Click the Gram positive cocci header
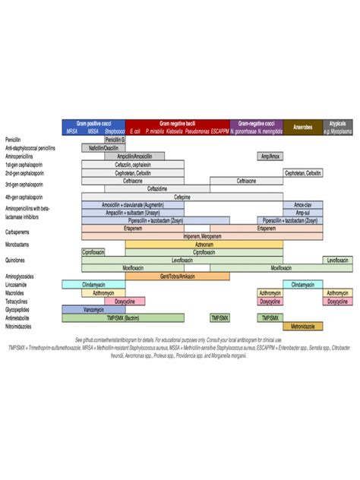coord(93,123)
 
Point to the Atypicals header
coord(337,123)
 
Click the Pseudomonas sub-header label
coord(196,131)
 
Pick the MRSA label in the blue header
coord(72,131)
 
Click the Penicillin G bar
coord(115,140)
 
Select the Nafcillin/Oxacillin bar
coord(103,148)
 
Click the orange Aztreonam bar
coord(204,245)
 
